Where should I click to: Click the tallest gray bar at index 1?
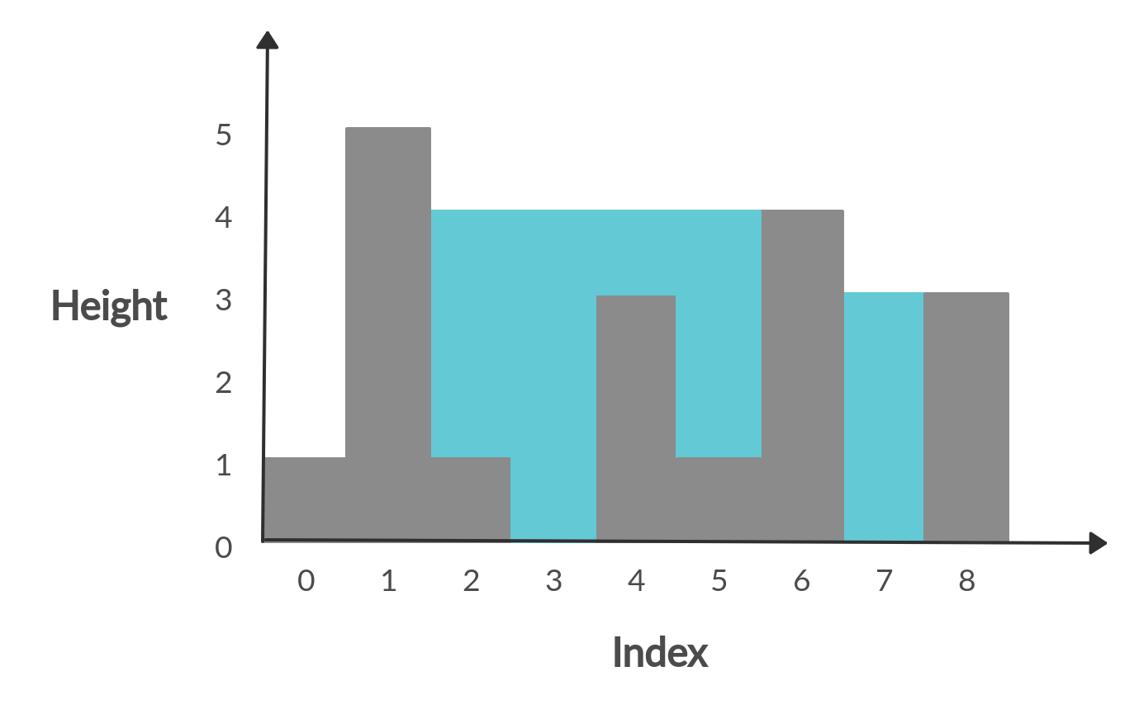click(388, 330)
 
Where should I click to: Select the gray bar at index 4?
click(636, 417)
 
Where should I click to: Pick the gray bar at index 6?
click(802, 376)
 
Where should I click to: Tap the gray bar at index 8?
click(966, 417)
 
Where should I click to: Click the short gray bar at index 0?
click(304, 499)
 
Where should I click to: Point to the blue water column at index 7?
click(884, 417)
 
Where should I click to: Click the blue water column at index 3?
click(553, 376)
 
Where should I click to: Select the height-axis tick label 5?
click(224, 135)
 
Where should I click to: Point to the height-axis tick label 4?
click(224, 218)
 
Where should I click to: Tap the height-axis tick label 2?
click(224, 383)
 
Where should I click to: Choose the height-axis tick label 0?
click(224, 547)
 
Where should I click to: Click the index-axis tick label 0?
click(306, 581)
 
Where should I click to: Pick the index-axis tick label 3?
click(553, 581)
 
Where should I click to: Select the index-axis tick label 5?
click(719, 581)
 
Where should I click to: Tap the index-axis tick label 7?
click(884, 581)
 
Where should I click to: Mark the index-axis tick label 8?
click(966, 581)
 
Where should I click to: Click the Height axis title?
click(108, 305)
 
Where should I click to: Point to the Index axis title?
click(660, 653)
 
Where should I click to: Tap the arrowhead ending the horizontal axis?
click(1098, 543)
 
